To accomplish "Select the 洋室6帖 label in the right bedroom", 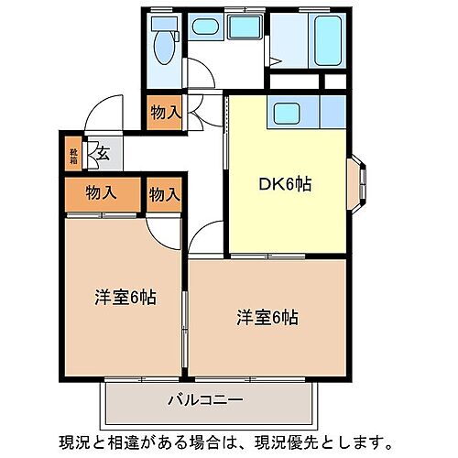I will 267,318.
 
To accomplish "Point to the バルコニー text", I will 204,400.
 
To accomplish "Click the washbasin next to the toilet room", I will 205,27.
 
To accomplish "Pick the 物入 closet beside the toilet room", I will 165,113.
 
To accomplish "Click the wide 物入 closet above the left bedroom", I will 102,193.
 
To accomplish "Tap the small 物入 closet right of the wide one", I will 164,194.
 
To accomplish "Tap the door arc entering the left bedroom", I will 169,231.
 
